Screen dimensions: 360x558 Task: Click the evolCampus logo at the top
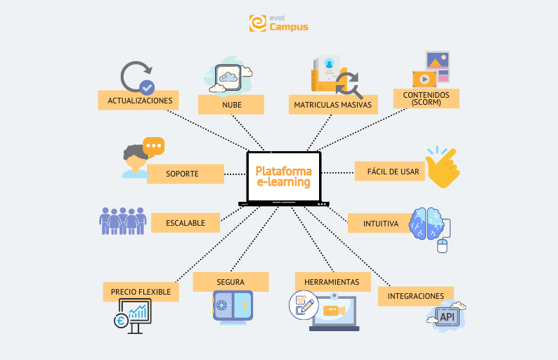click(x=278, y=23)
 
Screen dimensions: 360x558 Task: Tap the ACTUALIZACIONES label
click(x=139, y=101)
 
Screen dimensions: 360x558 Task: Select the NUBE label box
click(x=231, y=105)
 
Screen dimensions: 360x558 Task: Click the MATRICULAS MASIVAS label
click(x=333, y=105)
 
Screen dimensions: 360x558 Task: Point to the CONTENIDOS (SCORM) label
click(x=427, y=98)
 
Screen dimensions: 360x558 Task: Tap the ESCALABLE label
click(x=186, y=223)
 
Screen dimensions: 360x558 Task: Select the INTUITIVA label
click(x=381, y=224)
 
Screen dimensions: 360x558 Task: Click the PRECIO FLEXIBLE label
click(x=141, y=291)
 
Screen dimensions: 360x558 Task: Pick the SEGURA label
click(x=231, y=282)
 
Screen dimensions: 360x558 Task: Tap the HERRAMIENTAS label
click(x=332, y=282)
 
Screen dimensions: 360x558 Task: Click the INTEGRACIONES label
click(x=415, y=296)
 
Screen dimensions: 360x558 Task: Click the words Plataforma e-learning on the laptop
click(x=283, y=176)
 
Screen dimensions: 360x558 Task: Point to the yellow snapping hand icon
click(x=442, y=167)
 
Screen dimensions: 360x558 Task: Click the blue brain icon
click(x=427, y=224)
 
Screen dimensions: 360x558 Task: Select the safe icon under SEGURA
click(x=233, y=307)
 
